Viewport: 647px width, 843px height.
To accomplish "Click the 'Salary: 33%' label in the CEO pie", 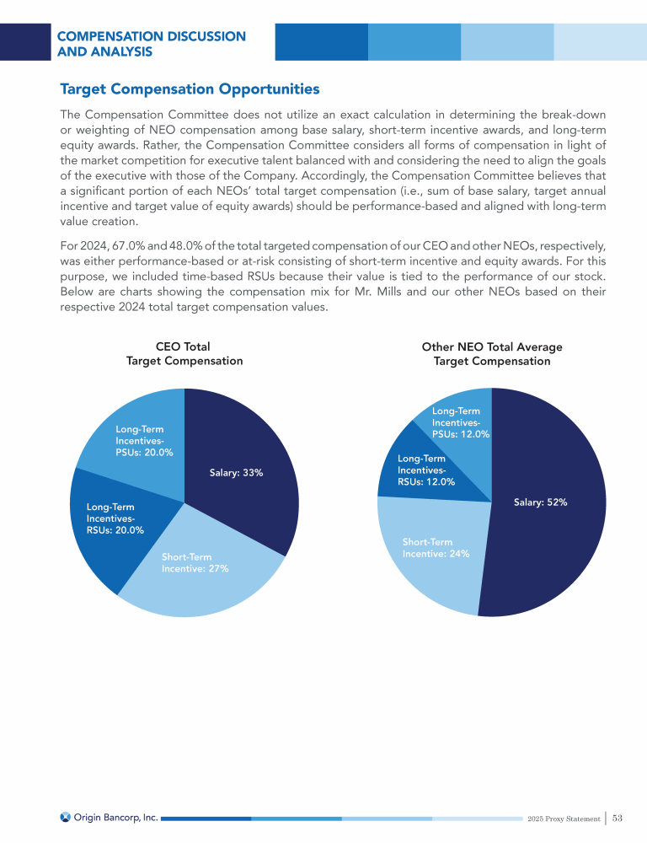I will point(237,473).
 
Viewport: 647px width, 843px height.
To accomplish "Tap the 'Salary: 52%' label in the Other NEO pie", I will point(540,502).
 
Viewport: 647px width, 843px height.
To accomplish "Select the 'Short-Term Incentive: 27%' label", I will point(195,562).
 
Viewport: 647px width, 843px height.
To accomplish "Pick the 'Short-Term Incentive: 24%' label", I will point(436,547).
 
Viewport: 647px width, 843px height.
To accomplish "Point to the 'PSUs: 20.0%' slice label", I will point(144,441).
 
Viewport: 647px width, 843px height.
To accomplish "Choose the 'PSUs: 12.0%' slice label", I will point(460,422).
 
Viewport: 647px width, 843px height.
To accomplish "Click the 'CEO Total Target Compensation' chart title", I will point(184,353).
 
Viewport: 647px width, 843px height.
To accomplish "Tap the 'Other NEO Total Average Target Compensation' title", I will point(491,353).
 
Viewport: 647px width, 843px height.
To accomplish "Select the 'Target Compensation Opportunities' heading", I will point(190,89).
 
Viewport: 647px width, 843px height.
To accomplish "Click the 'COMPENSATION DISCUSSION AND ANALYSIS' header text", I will point(152,44).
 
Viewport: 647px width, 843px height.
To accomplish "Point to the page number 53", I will point(618,818).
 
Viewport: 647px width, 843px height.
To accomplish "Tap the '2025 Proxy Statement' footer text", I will point(564,819).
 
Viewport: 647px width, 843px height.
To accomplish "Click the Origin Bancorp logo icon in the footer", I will point(66,817).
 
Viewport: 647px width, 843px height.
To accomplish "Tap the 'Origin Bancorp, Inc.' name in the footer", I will point(115,817).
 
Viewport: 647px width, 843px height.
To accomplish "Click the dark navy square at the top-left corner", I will point(23,41).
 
